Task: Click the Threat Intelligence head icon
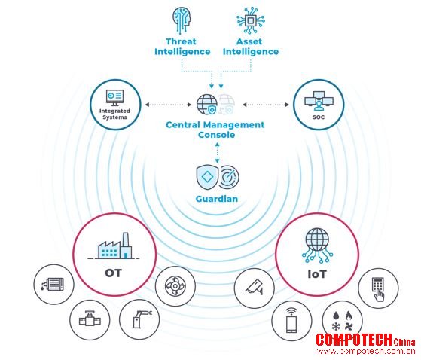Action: [182, 20]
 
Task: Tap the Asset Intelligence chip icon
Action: [250, 20]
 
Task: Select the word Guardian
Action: [217, 199]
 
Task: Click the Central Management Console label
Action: [215, 130]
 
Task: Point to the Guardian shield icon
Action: [207, 177]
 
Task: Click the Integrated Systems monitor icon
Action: [114, 98]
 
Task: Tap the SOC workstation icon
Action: [319, 101]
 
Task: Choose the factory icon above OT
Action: [114, 246]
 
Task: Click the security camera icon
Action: [255, 288]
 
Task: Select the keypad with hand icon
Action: [378, 288]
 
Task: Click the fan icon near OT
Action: [175, 286]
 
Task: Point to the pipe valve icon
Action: [90, 319]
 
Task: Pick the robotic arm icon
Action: [142, 319]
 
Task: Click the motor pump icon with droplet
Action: [53, 284]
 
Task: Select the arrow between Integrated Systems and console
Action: [168, 105]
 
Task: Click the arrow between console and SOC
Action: [266, 105]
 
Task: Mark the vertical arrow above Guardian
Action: [217, 152]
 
